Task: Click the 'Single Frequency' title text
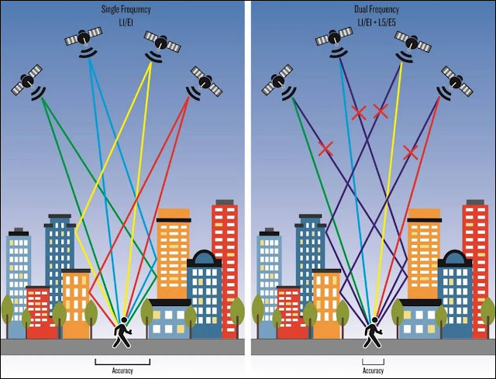tap(126, 9)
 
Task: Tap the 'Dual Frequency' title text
tap(377, 9)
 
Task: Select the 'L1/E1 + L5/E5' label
tap(377, 22)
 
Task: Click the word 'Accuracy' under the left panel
tap(122, 370)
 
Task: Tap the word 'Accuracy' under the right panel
tap(374, 370)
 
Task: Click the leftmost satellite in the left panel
tap(28, 82)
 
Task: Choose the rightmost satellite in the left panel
tap(205, 83)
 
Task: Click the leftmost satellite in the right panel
tap(279, 82)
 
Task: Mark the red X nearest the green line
tap(325, 149)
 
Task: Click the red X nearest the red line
tap(411, 152)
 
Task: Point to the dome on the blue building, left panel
tap(205, 257)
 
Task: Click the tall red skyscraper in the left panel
tap(225, 269)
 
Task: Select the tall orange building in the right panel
tap(424, 253)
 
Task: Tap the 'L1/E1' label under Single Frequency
tap(126, 22)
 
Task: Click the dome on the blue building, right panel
tap(455, 257)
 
